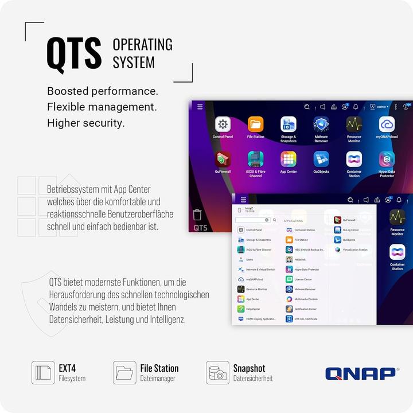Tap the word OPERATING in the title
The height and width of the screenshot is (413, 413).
[142, 45]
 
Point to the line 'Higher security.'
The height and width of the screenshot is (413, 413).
[85, 123]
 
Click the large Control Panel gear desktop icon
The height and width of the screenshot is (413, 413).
[223, 124]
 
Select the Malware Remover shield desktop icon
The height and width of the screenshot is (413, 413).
[321, 124]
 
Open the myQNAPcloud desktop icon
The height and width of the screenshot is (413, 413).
[387, 124]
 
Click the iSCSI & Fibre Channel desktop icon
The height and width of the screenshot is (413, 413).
[255, 159]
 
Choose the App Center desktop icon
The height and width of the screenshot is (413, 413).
[288, 159]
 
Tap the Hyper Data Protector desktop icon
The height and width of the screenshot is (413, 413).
[387, 159]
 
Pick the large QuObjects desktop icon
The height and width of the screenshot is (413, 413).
[321, 159]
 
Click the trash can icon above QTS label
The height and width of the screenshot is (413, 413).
[197, 215]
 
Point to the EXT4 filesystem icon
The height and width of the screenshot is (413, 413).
[43, 373]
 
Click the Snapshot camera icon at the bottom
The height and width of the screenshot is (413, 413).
[218, 373]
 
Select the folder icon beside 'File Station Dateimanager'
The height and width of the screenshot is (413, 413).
[124, 373]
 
